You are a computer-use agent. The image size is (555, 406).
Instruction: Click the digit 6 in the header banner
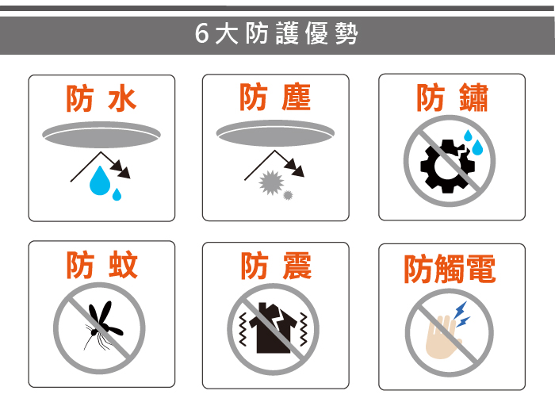click(202, 33)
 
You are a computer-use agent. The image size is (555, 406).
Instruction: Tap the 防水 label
click(101, 99)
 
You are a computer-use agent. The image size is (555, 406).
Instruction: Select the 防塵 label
click(275, 98)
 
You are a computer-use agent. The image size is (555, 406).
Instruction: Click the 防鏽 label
click(453, 98)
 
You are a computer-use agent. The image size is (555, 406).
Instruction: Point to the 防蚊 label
click(102, 265)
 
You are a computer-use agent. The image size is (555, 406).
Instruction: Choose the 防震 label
click(276, 266)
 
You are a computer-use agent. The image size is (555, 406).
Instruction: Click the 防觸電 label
click(450, 269)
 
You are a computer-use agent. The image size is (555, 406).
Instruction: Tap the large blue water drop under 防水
click(100, 181)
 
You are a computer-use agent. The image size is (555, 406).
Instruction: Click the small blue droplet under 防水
click(117, 194)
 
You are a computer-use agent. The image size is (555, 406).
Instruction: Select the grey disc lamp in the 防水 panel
click(101, 135)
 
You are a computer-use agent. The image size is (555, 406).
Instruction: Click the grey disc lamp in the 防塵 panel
click(275, 133)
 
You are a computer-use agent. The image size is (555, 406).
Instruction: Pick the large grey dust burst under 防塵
click(271, 182)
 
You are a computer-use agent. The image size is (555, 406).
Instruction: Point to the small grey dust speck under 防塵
click(288, 195)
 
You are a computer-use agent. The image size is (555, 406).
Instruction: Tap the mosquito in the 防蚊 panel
click(102, 326)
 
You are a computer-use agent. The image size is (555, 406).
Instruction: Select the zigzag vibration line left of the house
click(243, 329)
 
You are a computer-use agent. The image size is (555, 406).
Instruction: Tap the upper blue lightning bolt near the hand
click(461, 310)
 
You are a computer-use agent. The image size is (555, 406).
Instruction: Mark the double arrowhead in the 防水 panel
click(121, 169)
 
